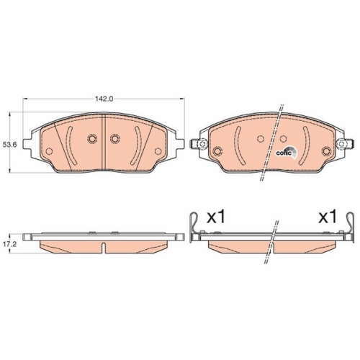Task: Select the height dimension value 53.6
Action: [x=10, y=145]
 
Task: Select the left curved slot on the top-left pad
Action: [x=70, y=143]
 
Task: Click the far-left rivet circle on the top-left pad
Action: [x=50, y=149]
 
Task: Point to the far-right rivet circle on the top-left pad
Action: [x=159, y=149]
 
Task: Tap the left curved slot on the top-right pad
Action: [x=238, y=143]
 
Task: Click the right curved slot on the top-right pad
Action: [x=307, y=143]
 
